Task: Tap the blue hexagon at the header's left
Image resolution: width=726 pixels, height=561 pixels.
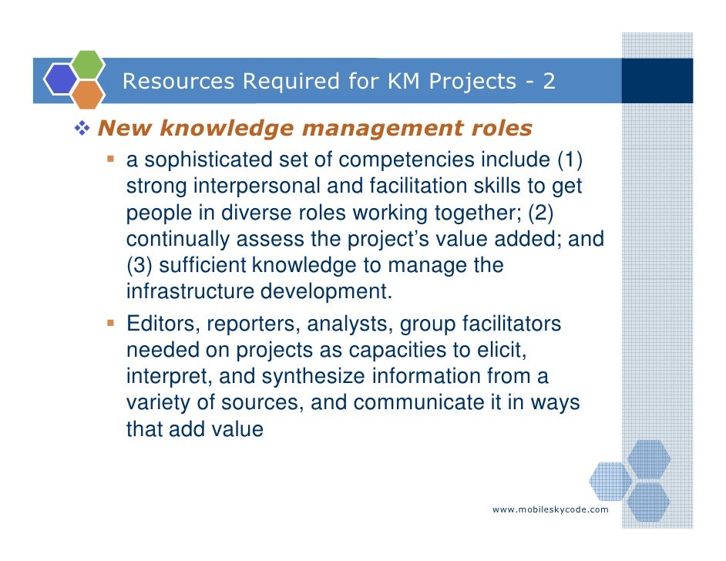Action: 59,79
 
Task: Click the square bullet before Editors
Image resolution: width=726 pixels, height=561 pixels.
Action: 112,323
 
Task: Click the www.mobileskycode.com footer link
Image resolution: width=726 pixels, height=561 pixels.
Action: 550,509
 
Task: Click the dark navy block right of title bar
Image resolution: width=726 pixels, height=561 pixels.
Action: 657,80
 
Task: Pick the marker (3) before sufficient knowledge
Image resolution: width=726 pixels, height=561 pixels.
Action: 141,266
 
